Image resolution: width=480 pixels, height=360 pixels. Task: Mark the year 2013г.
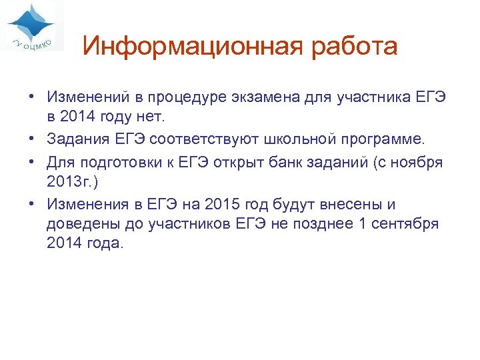coord(68,181)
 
